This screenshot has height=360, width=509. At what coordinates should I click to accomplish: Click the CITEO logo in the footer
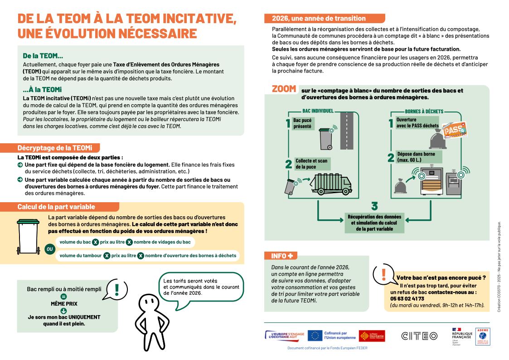pyautogui.click(x=419, y=336)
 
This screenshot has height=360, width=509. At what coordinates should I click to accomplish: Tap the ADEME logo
pyautogui.click(x=482, y=336)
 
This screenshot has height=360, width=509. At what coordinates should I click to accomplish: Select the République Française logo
pyautogui.click(x=462, y=336)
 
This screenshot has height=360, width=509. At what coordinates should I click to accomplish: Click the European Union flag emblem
pyautogui.click(x=315, y=336)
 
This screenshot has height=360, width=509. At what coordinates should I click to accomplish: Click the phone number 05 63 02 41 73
pyautogui.click(x=407, y=299)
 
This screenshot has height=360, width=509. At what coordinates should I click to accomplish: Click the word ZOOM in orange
pyautogui.click(x=284, y=89)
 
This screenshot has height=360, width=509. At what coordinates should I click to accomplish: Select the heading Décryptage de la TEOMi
pyautogui.click(x=54, y=148)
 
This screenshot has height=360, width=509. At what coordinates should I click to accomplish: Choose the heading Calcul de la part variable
pyautogui.click(x=56, y=207)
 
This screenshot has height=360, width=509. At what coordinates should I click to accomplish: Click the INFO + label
pyautogui.click(x=281, y=256)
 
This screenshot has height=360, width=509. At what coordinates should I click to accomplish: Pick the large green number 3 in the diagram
pyautogui.click(x=374, y=206)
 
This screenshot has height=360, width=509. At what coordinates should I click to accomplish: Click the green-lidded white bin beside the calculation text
pyautogui.click(x=28, y=236)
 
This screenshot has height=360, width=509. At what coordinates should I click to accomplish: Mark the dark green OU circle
pyautogui.click(x=49, y=249)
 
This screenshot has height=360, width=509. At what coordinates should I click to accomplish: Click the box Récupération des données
pyautogui.click(x=374, y=223)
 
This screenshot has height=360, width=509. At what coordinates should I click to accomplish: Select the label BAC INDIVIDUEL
pyautogui.click(x=318, y=111)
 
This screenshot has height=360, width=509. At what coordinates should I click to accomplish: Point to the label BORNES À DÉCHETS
pyautogui.click(x=424, y=111)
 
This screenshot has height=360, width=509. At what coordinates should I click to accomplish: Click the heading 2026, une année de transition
pyautogui.click(x=319, y=19)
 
